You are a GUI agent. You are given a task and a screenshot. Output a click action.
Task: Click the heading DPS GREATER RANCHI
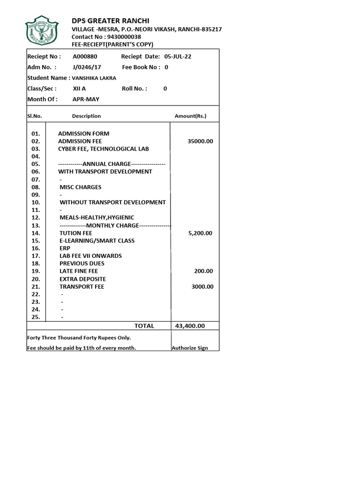click(x=110, y=21)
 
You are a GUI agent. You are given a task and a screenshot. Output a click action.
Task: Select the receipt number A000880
click(x=85, y=57)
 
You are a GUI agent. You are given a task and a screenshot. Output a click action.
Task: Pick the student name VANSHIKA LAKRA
click(x=94, y=78)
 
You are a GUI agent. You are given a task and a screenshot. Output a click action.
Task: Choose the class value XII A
click(x=79, y=89)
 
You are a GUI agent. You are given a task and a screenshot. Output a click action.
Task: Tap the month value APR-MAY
click(x=86, y=99)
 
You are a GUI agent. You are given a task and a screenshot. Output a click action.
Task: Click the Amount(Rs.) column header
click(x=190, y=116)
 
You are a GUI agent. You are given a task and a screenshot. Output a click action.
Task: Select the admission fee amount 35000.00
click(x=200, y=141)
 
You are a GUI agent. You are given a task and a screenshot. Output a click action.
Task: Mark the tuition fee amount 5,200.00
click(x=200, y=233)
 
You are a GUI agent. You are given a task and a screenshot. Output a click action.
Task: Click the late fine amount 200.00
click(x=203, y=271)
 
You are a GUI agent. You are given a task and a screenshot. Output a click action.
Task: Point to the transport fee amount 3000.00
click(x=202, y=286)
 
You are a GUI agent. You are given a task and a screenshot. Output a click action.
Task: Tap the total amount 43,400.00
click(x=190, y=326)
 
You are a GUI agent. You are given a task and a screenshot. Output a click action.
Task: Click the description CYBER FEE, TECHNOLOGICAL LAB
click(x=103, y=149)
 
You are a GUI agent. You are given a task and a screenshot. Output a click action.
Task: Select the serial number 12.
click(x=36, y=217)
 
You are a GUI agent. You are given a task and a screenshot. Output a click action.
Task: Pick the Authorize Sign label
click(x=190, y=348)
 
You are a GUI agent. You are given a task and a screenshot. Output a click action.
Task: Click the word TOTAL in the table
click(x=144, y=326)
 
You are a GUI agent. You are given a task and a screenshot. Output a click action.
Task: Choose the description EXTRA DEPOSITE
click(x=82, y=279)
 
